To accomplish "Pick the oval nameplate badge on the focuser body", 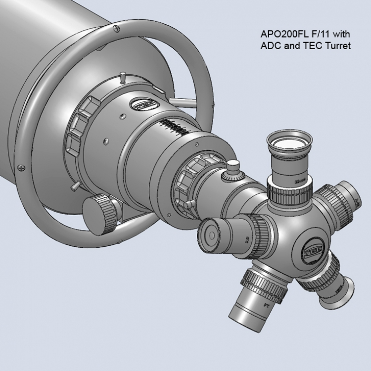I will tap(143, 104).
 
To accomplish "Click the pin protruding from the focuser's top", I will tap(121, 78).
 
